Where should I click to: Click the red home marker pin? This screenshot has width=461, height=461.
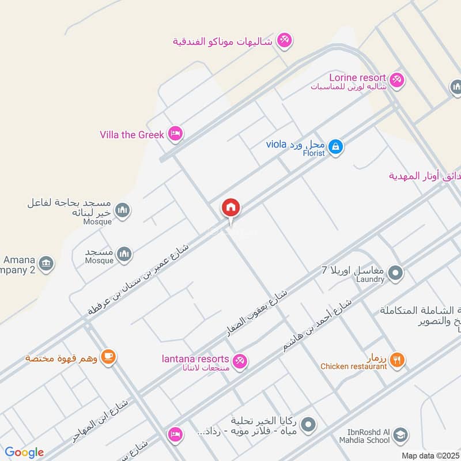pyautogui.click(x=231, y=208)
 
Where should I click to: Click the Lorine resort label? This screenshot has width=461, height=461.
pyautogui.click(x=357, y=77)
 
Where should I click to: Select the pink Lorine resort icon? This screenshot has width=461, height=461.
pyautogui.click(x=396, y=80)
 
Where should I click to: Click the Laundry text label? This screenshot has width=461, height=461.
pyautogui.click(x=369, y=279)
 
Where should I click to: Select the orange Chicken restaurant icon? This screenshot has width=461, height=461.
pyautogui.click(x=396, y=361)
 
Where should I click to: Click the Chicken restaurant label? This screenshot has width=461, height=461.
pyautogui.click(x=353, y=366)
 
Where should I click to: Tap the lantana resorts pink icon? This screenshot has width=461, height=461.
pyautogui.click(x=241, y=361)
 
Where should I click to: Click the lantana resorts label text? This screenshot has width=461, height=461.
pyautogui.click(x=195, y=360)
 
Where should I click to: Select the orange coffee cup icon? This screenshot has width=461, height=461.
pyautogui.click(x=108, y=357)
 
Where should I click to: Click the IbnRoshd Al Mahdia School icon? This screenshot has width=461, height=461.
pyautogui.click(x=402, y=436)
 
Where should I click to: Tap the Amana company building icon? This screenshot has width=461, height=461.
pyautogui.click(x=47, y=264)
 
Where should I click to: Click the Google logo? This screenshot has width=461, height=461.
pyautogui.click(x=24, y=452)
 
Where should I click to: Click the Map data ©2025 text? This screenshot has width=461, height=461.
pyautogui.click(x=429, y=455)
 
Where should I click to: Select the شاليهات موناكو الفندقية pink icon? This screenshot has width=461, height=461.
pyautogui.click(x=284, y=40)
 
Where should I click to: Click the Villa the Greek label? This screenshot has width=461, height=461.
pyautogui.click(x=132, y=135)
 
